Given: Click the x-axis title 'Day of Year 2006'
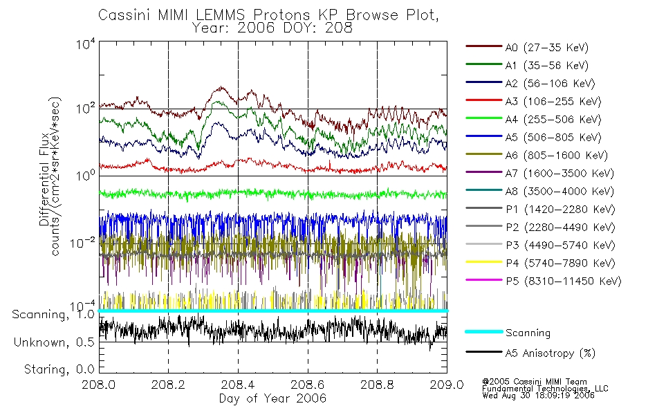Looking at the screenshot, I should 272,399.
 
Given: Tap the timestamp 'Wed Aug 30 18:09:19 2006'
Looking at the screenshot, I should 538,396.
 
